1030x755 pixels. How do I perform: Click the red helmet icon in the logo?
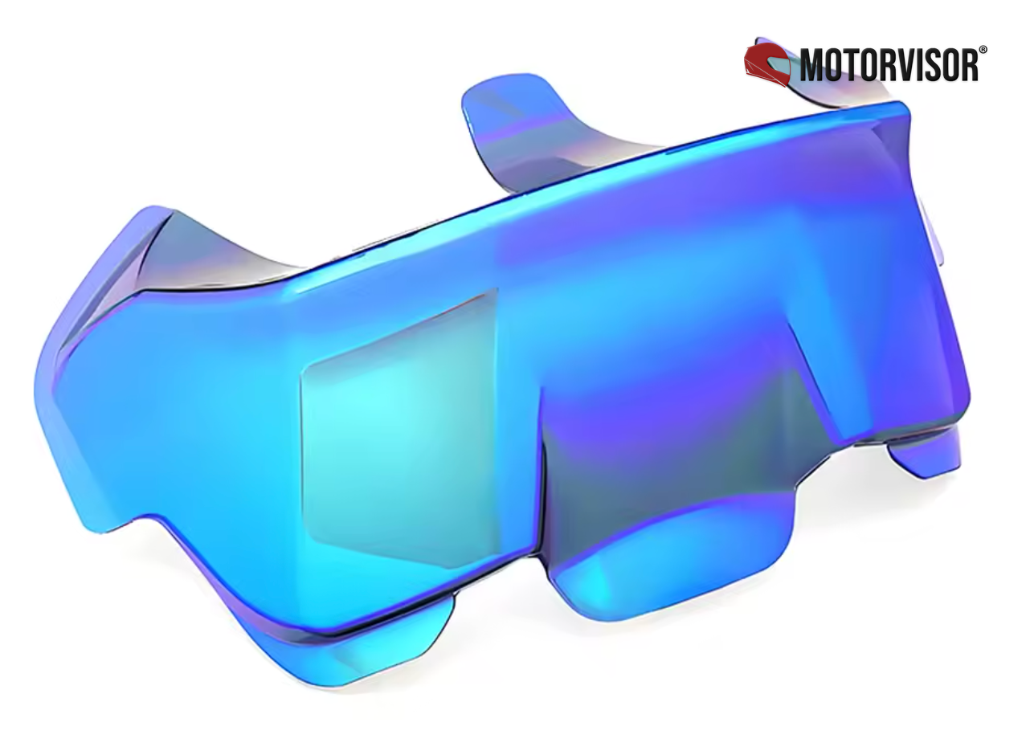tap(767, 64)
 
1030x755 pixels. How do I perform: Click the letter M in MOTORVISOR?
tap(813, 65)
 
